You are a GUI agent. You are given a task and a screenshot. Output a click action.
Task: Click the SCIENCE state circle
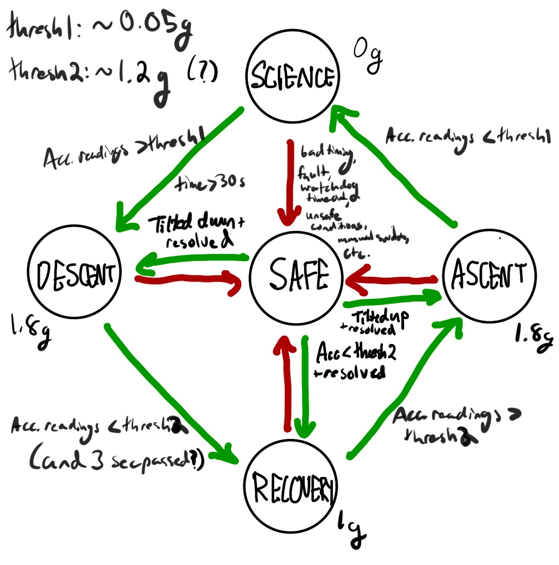coord(292,76)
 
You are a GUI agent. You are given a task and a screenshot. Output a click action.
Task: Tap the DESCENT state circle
coord(74,275)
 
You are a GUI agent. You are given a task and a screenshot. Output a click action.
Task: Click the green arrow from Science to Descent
coord(177,170)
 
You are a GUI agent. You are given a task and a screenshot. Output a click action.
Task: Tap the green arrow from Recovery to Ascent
coord(404,388)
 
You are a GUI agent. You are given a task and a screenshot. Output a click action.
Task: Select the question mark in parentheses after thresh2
coord(202,73)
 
